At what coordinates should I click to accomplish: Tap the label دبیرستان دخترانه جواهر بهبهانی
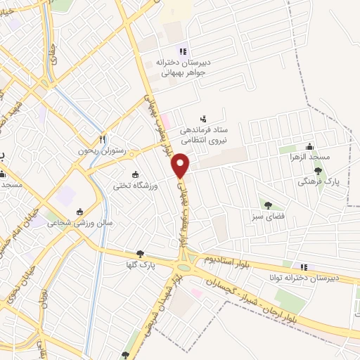click(183, 66)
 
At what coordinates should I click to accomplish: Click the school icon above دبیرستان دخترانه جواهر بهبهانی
click(183, 51)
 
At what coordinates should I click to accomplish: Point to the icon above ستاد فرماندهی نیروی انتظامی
click(204, 118)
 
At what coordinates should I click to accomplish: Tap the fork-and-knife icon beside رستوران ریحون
click(102, 139)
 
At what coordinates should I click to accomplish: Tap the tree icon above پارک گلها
click(141, 254)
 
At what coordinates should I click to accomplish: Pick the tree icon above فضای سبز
click(268, 205)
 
